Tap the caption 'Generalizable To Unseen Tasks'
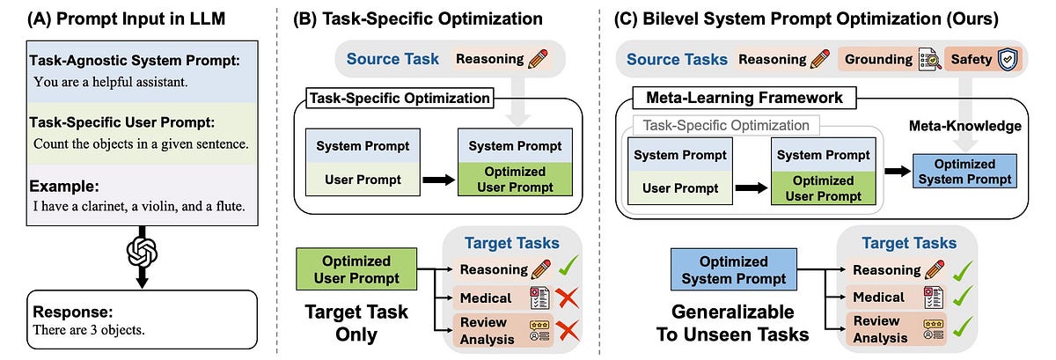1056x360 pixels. pyautogui.click(x=734, y=322)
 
